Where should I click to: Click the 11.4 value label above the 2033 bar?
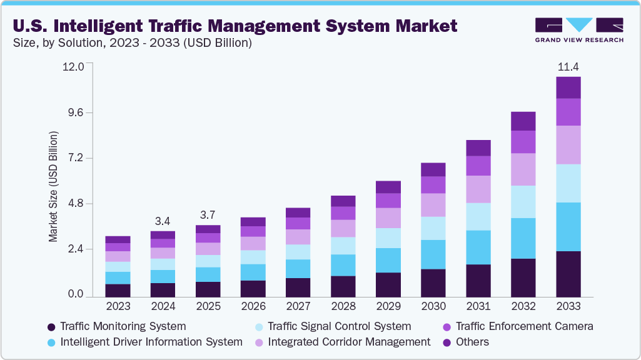pyautogui.click(x=568, y=67)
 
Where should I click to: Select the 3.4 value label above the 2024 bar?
pyautogui.click(x=163, y=221)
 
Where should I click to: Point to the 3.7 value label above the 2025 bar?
pyautogui.click(x=208, y=215)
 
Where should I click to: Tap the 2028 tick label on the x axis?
pyautogui.click(x=343, y=307)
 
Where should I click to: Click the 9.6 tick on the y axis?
pyautogui.click(x=75, y=112)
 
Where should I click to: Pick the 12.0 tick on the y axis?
pyautogui.click(x=73, y=67)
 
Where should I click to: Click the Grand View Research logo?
pyautogui.click(x=578, y=30)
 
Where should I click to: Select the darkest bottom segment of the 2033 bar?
pyautogui.click(x=568, y=274)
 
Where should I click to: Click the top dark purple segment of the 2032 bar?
pyautogui.click(x=523, y=121)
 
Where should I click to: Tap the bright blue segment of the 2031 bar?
pyautogui.click(x=478, y=247)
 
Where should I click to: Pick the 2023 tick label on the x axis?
pyautogui.click(x=118, y=307)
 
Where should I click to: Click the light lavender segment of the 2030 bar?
pyautogui.click(x=433, y=205)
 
